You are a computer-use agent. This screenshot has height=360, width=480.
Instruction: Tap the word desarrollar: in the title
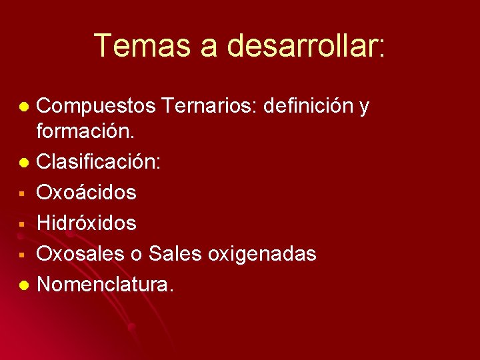click(306, 45)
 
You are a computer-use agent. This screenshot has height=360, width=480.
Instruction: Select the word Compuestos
click(96, 106)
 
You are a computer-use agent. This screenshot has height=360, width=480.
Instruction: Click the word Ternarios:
click(210, 105)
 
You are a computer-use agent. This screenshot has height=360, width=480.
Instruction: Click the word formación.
click(85, 131)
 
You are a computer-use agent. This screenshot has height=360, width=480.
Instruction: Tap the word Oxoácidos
click(87, 193)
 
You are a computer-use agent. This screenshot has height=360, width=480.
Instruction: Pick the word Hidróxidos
click(87, 223)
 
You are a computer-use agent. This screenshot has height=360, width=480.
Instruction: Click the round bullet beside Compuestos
click(24, 107)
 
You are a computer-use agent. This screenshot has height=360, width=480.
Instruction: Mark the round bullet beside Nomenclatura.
click(24, 285)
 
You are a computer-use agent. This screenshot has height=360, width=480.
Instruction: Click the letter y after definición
click(364, 107)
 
